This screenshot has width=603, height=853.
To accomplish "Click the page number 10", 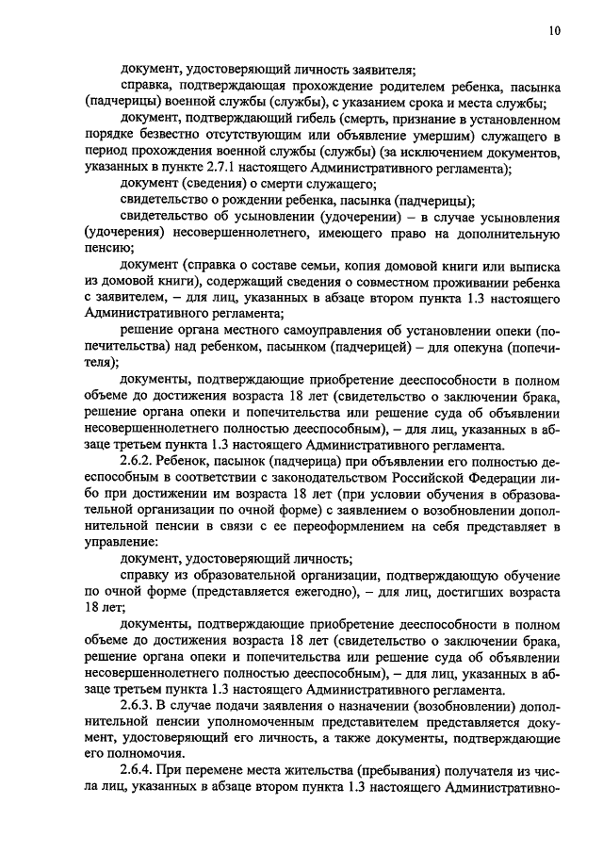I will [554, 31].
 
